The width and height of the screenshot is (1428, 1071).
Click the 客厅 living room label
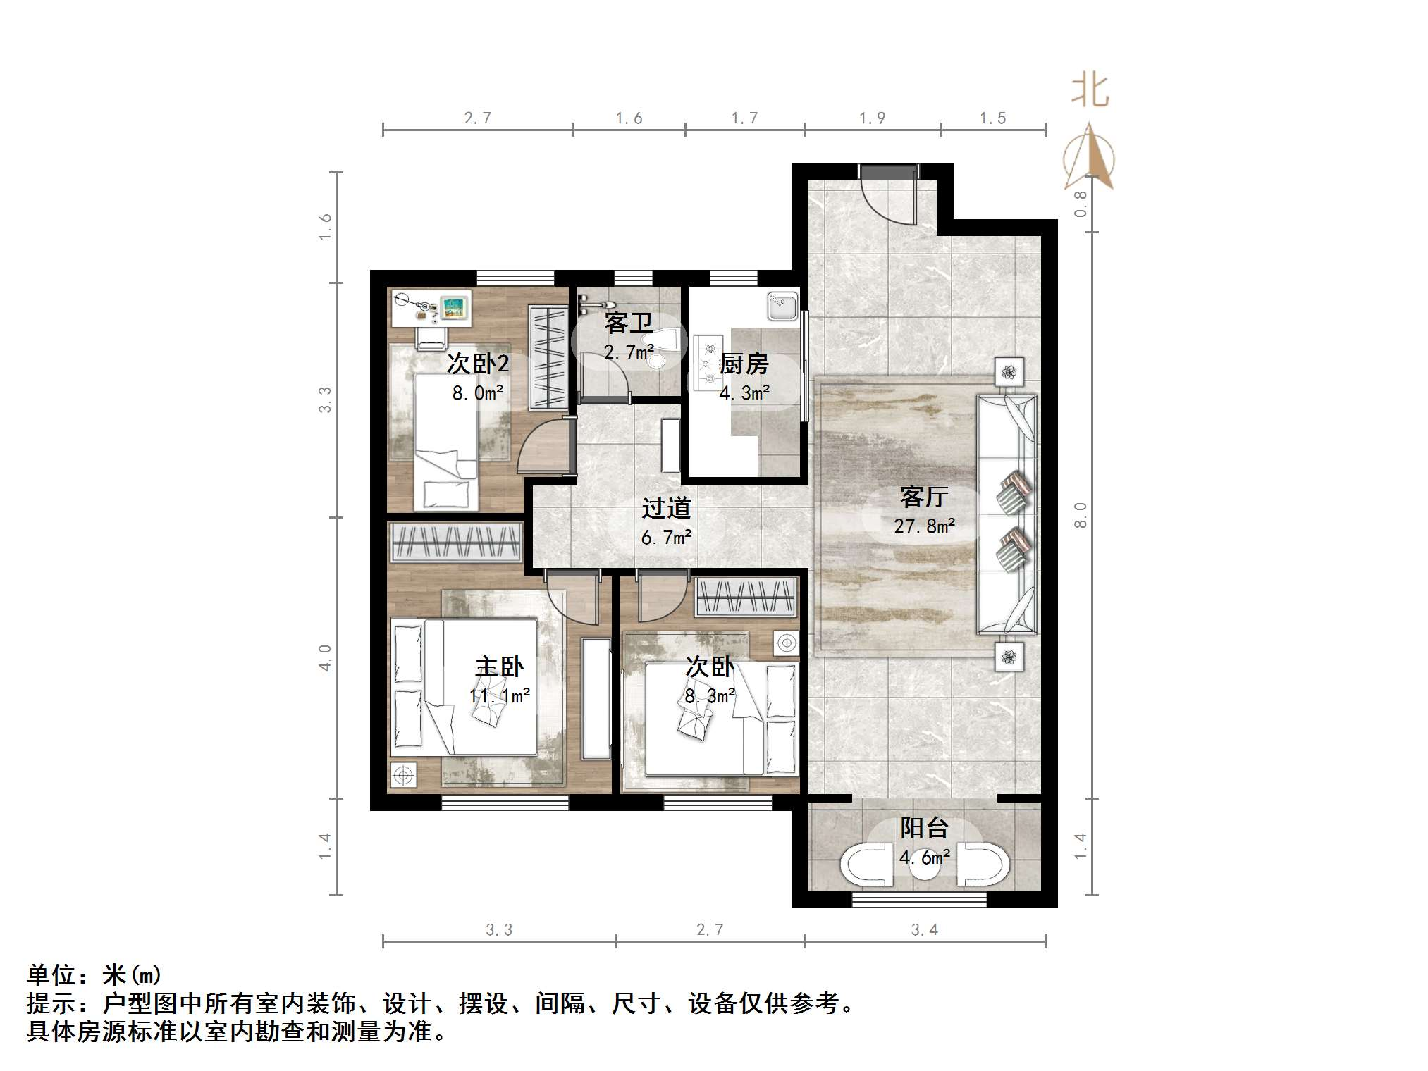point(923,497)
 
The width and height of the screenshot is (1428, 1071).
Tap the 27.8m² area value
point(924,526)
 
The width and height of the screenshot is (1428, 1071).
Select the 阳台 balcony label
point(924,829)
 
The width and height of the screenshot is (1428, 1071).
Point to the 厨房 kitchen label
point(744,364)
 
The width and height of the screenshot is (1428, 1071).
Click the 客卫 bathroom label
point(628,323)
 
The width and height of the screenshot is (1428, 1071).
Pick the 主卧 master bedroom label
point(499,667)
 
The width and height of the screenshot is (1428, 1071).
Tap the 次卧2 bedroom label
point(477,364)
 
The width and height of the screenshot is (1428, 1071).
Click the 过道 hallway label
point(665,508)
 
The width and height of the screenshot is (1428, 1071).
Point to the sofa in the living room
point(1007,514)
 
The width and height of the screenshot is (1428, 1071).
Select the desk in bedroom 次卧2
point(431,309)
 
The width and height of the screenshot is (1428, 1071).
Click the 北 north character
point(1090,92)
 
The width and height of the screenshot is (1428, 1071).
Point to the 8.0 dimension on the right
point(1080,515)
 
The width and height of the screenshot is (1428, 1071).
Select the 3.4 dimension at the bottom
point(924,930)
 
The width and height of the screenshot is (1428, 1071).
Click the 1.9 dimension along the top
point(872,118)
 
